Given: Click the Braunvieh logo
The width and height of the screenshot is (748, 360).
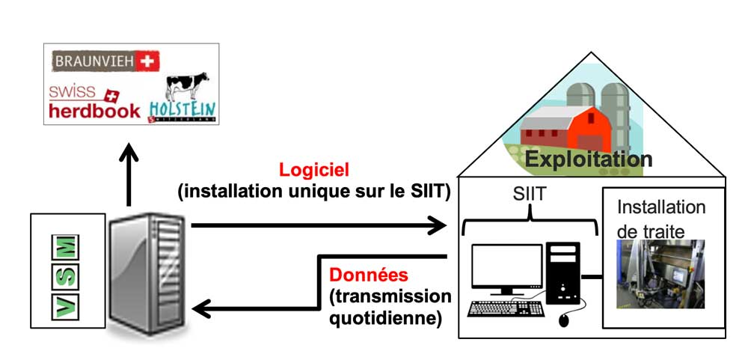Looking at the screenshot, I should tap(105, 61).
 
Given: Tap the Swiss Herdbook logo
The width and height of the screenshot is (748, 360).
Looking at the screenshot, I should tap(94, 103).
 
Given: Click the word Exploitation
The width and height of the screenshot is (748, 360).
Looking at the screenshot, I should tap(587, 159).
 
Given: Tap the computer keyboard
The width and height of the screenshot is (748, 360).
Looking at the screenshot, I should tap(506, 308).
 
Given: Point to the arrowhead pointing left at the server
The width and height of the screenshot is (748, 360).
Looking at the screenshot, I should tap(200, 308).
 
